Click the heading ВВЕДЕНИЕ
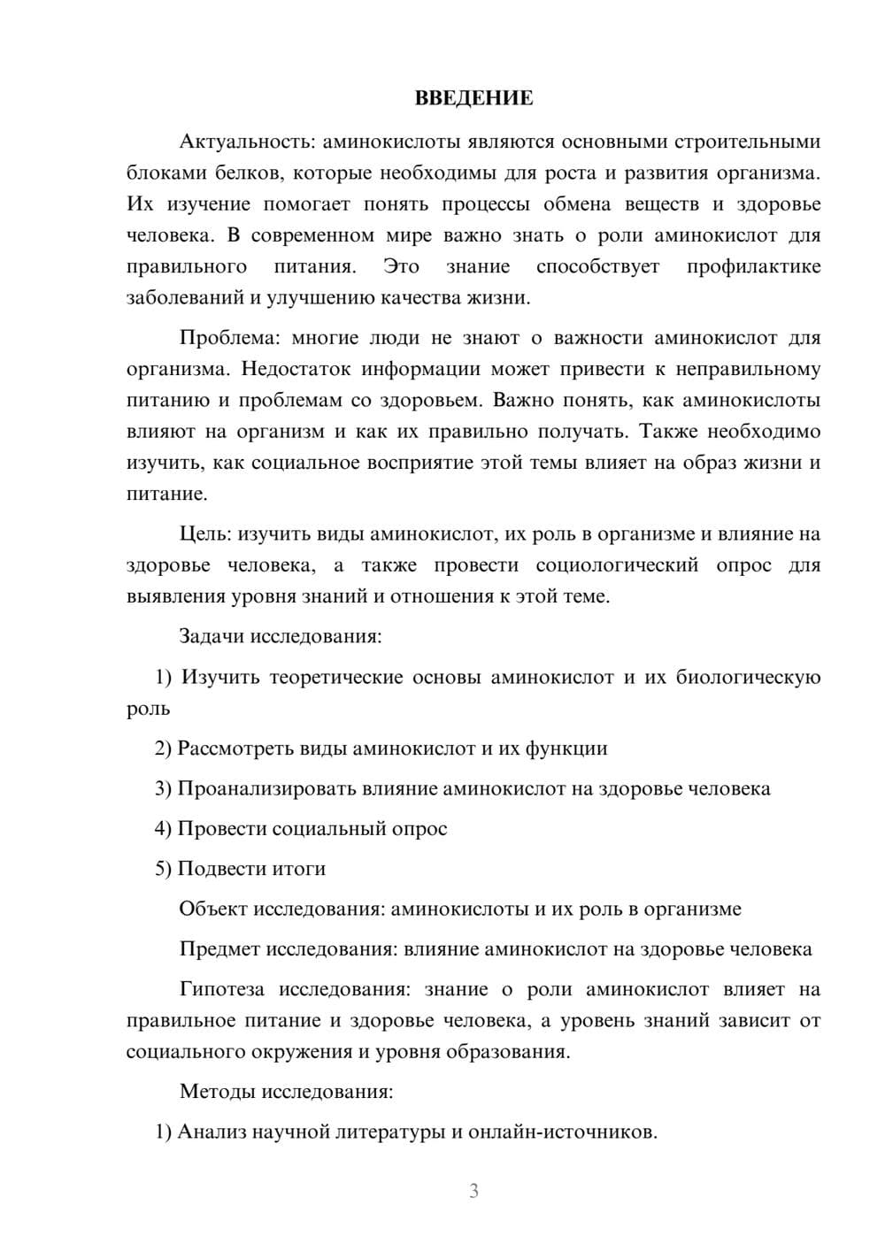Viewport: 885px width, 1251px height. (473, 98)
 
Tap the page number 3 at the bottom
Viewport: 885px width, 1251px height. (473, 1191)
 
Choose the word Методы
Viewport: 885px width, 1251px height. (217, 1091)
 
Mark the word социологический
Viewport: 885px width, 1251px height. (617, 565)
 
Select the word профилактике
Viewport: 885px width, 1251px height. (753, 266)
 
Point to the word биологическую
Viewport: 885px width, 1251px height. (748, 678)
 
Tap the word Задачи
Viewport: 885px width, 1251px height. (213, 636)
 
